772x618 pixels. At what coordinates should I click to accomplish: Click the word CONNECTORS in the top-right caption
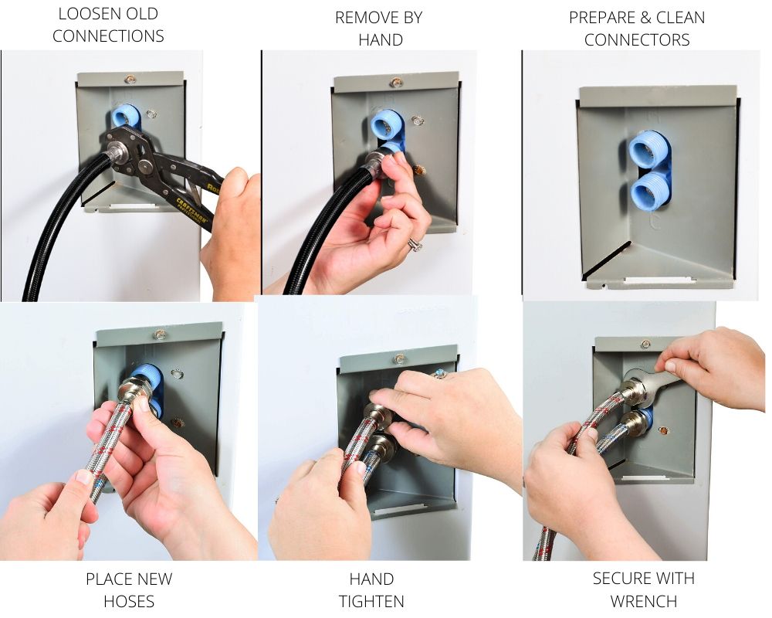coord(637,40)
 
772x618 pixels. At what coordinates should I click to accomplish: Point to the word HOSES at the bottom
coord(129,601)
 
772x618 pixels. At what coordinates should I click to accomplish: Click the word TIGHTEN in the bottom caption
coord(371,601)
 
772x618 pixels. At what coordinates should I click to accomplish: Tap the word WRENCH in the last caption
coord(644,601)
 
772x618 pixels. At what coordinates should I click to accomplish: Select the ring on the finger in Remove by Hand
coord(415,244)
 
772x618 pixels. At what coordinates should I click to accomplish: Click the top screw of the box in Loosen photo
coord(130,79)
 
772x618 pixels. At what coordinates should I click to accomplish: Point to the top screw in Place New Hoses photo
coord(159,335)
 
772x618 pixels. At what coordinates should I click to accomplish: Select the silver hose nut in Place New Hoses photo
coord(134,385)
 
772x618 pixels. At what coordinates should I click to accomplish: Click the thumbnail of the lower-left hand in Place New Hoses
coord(84,477)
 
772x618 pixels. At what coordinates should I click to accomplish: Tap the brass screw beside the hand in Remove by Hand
coord(419,171)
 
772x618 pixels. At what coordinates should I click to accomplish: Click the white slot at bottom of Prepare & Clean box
coord(660,281)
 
